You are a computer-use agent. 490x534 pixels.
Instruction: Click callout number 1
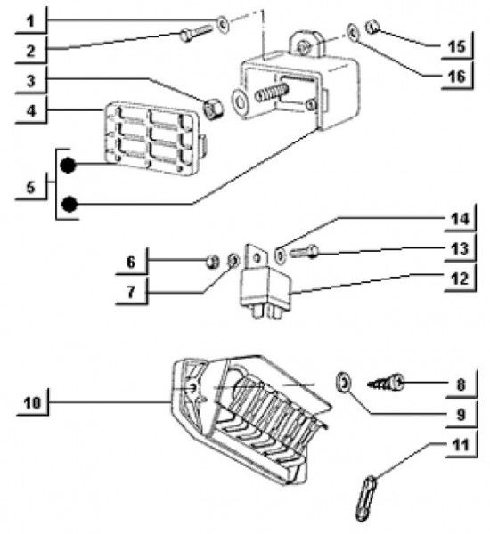[x=30, y=21]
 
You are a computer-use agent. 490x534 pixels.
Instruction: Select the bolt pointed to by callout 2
[x=196, y=33]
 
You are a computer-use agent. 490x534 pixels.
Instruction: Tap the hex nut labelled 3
[x=213, y=109]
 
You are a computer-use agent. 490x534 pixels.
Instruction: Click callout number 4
[x=30, y=110]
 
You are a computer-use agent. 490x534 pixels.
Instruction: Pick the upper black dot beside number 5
[x=68, y=166]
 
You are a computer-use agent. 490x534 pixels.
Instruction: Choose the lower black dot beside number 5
[x=69, y=204]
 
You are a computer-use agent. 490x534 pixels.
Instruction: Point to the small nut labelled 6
[x=213, y=262]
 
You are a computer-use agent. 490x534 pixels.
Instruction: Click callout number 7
[x=131, y=292]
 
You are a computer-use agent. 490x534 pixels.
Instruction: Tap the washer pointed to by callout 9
[x=344, y=383]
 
